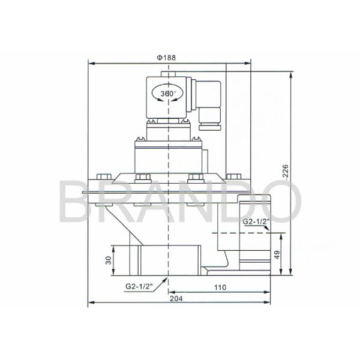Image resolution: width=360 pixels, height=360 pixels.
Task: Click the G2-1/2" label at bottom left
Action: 138,287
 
